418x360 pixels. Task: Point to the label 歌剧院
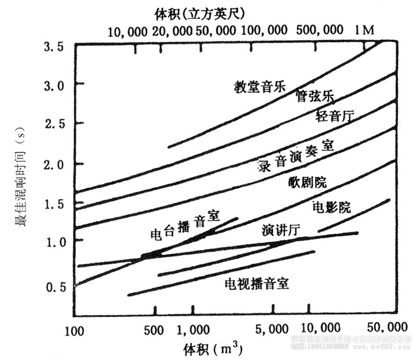(307, 183)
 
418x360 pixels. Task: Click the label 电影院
(331, 207)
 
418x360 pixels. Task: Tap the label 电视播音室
(257, 284)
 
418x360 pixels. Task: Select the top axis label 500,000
(317, 30)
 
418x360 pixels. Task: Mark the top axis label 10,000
(128, 32)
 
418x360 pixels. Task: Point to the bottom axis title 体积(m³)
(213, 348)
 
